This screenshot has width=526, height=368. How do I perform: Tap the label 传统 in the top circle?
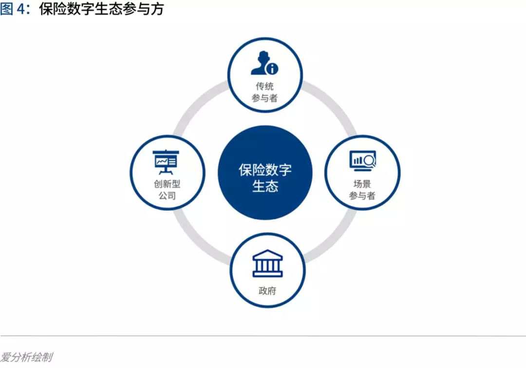pos(265,86)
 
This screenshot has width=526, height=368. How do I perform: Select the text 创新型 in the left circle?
pos(167,185)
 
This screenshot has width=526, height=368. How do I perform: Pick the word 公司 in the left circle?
pos(167,196)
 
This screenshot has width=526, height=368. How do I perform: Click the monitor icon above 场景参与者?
pos(361,161)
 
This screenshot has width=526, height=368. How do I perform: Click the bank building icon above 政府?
pos(267,264)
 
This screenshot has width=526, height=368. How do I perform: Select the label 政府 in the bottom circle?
pos(267,291)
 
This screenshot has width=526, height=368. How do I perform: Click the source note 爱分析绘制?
pos(26,357)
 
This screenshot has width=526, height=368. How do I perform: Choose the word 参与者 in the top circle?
pos(265,98)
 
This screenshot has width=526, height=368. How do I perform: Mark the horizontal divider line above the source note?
pos(263,336)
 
